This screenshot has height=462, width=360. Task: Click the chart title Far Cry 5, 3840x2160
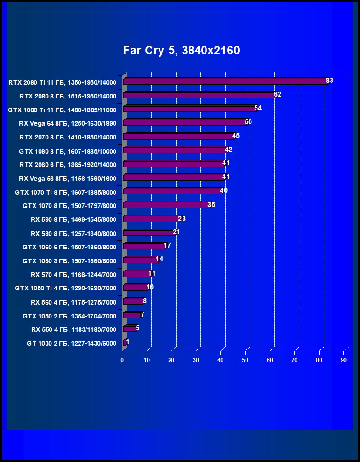pos(181,51)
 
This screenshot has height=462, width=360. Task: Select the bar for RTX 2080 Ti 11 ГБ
pos(225,81)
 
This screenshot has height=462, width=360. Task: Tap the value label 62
pos(277,94)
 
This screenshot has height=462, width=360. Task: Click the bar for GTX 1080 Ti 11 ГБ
pos(189,109)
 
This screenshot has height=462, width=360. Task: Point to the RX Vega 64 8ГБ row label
pos(67,123)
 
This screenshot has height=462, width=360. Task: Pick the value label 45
pos(236,136)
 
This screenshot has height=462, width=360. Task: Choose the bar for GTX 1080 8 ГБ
pos(175,150)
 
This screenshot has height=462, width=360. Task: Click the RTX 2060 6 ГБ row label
pos(67,165)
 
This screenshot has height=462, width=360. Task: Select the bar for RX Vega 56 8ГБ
pos(173,177)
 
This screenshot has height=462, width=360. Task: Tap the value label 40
pos(223,191)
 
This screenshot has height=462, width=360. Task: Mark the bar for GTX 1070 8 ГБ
pos(166,205)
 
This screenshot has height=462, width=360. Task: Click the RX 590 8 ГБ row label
pos(73,220)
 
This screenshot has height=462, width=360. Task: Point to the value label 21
pos(176,232)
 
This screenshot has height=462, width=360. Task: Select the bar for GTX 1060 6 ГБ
pos(144,246)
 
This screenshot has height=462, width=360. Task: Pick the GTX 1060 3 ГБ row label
pos(69,261)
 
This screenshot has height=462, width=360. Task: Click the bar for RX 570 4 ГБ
pos(137,274)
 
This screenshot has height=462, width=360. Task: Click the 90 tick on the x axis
pos(343,360)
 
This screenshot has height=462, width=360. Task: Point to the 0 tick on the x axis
pos(122,360)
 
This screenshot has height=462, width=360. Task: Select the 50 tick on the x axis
pos(245,360)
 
